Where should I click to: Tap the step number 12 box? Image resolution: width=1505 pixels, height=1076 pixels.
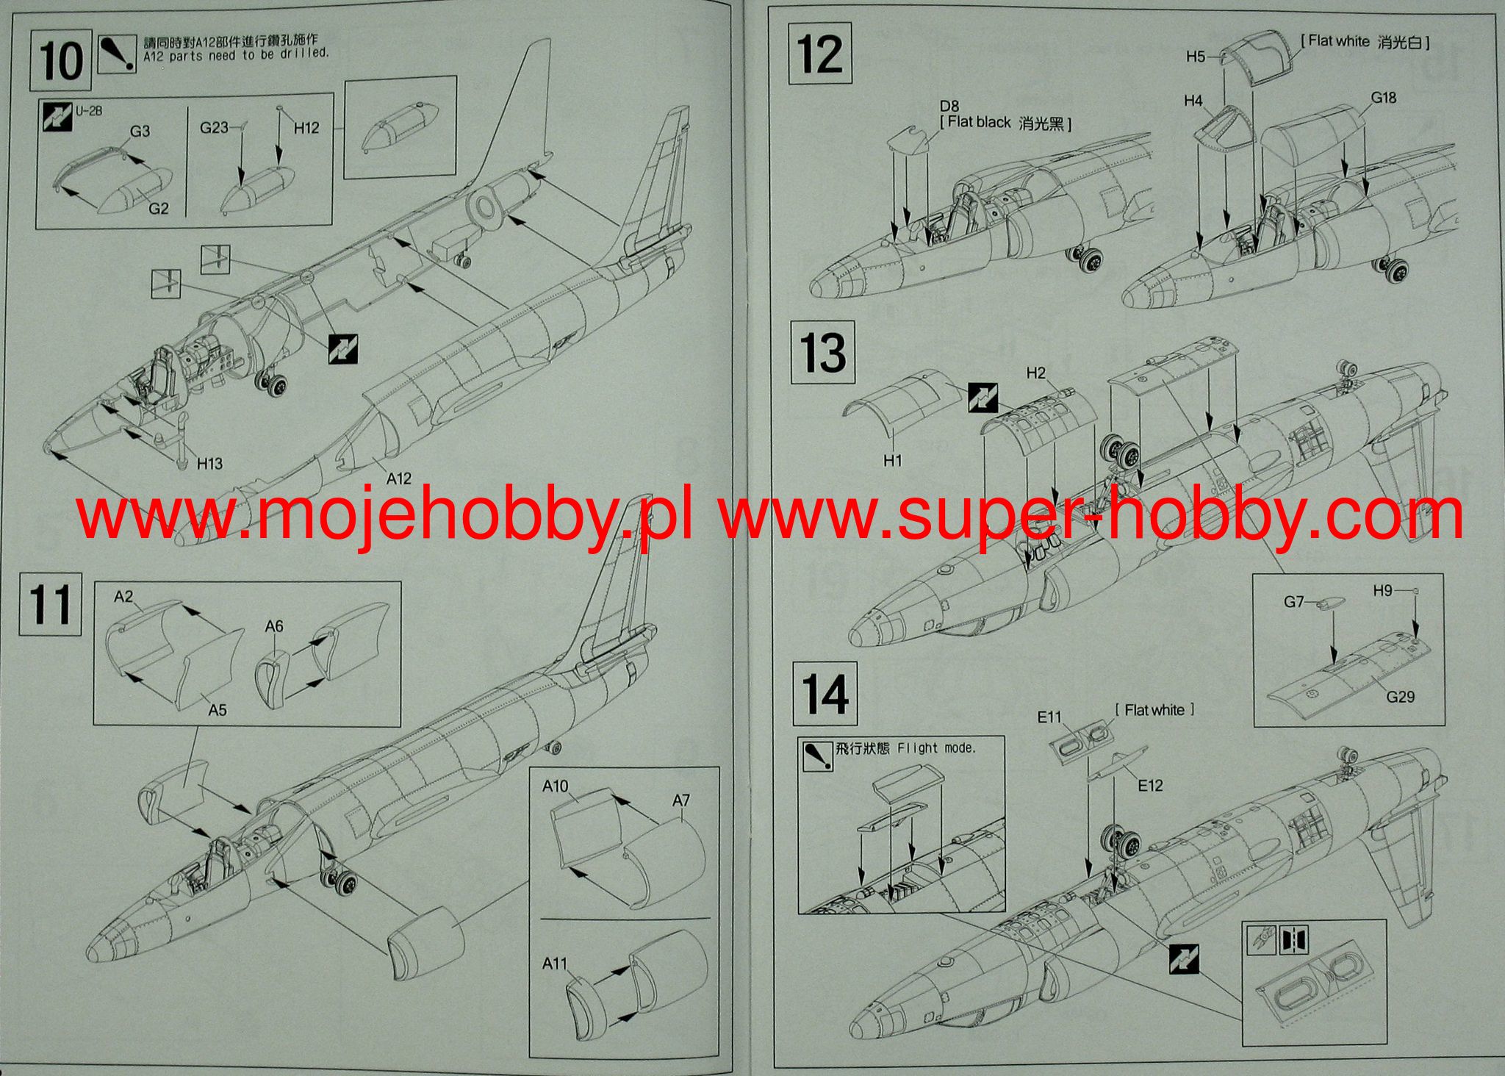(820, 53)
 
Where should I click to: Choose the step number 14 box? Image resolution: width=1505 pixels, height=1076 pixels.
(825, 694)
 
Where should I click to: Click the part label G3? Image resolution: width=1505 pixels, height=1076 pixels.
(140, 131)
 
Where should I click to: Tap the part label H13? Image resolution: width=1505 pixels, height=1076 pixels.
(209, 463)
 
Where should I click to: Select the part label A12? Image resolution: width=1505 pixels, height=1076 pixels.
(398, 478)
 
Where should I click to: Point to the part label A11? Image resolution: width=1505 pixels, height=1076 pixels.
(555, 963)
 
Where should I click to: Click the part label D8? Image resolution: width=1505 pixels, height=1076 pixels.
(949, 107)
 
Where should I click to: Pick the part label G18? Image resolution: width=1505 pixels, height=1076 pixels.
(1383, 98)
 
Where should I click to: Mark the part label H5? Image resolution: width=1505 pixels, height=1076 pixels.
(1196, 57)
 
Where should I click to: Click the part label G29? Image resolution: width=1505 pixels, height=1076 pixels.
(1400, 697)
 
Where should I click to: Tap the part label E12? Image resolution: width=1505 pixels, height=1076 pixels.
(1150, 786)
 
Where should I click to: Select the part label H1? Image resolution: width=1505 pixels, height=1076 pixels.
(892, 461)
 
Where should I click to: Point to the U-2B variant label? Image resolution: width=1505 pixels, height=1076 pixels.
(89, 112)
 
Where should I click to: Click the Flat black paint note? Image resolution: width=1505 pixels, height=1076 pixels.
(1006, 123)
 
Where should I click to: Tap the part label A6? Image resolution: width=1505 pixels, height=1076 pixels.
(273, 626)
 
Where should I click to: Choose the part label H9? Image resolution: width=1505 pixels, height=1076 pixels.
(1382, 590)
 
